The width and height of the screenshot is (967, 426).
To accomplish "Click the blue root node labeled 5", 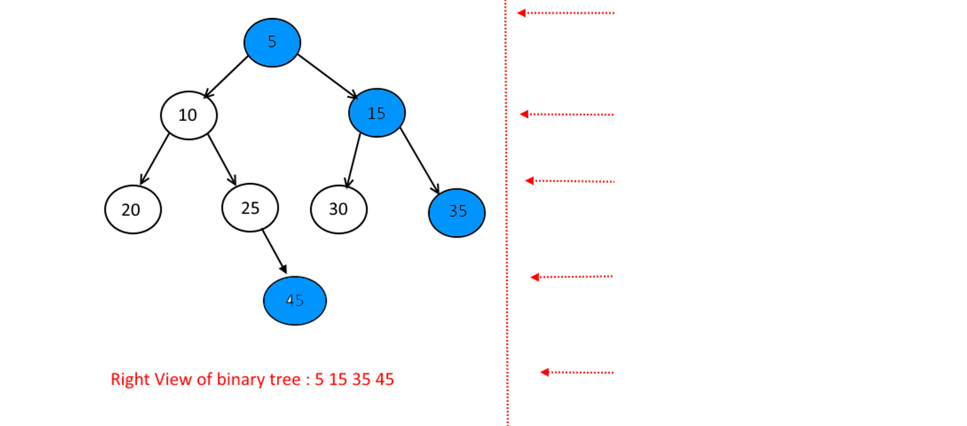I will point(272,42).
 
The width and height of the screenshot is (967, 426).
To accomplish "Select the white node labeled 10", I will point(189,115).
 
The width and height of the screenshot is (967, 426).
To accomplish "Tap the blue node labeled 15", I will point(376,113).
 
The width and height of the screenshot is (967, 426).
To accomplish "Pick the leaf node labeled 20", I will point(133,209).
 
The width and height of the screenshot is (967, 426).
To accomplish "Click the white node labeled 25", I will point(250,207).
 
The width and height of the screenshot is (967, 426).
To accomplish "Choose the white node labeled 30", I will point(338,209).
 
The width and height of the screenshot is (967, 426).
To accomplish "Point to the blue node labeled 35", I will point(457,211).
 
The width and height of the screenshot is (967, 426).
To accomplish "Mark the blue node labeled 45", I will point(295,300).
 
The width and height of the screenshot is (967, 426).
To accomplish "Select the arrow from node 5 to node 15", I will point(328,75).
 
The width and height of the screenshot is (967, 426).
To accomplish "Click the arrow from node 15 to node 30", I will point(354,160).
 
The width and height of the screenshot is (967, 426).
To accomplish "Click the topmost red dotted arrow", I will point(566,13).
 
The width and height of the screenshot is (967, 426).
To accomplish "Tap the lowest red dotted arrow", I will point(577,372).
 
